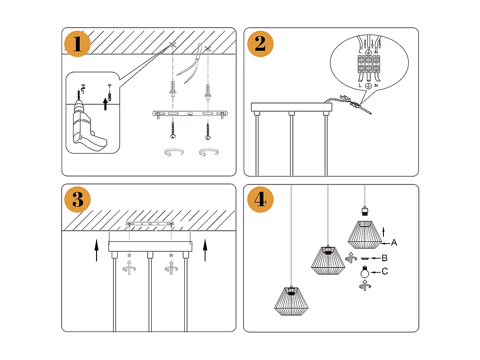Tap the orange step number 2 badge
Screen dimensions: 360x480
[x=260, y=44]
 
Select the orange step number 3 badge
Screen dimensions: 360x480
[x=78, y=200]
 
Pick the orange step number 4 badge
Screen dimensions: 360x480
[x=260, y=200]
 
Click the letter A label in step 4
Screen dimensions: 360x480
[x=394, y=242]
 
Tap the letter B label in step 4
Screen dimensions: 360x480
[x=385, y=258]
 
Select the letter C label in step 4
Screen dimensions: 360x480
[x=385, y=272]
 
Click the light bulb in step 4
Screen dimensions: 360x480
[x=365, y=273]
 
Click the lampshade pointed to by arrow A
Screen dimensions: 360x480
[x=364, y=234]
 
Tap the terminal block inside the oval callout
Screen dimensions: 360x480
[x=368, y=64]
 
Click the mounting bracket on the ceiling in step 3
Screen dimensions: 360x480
[x=150, y=224]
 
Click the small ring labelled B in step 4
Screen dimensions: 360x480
[x=365, y=258]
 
